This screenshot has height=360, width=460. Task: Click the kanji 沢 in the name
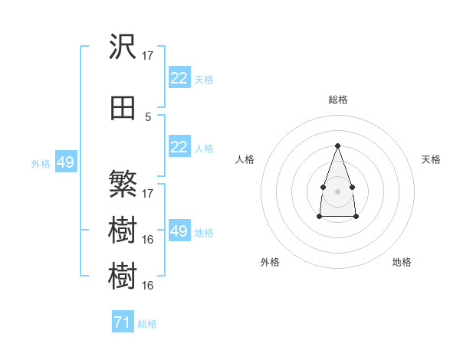123,46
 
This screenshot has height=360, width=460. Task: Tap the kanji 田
123,108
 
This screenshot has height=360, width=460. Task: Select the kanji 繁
123,184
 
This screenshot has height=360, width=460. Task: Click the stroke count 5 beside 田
148,117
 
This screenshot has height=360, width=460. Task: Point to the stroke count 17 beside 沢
147,56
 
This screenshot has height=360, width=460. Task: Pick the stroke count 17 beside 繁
147,194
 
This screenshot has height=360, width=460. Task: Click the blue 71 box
123,321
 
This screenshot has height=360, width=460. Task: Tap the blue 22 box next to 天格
179,77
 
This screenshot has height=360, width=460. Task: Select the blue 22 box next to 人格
179,146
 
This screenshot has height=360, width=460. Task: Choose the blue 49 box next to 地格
179,230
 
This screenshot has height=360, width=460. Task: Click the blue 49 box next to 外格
66,162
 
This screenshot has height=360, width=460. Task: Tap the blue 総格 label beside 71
147,324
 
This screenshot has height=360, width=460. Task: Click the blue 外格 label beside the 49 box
41,164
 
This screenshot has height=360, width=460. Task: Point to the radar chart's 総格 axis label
338,100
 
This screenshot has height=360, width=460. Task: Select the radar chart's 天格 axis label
431,159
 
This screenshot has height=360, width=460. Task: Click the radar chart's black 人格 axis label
245,159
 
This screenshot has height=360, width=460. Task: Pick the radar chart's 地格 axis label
402,262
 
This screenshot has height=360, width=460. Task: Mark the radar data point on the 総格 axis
337,146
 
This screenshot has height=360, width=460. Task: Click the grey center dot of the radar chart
337,191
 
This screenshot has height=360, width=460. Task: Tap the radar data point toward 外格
320,216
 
